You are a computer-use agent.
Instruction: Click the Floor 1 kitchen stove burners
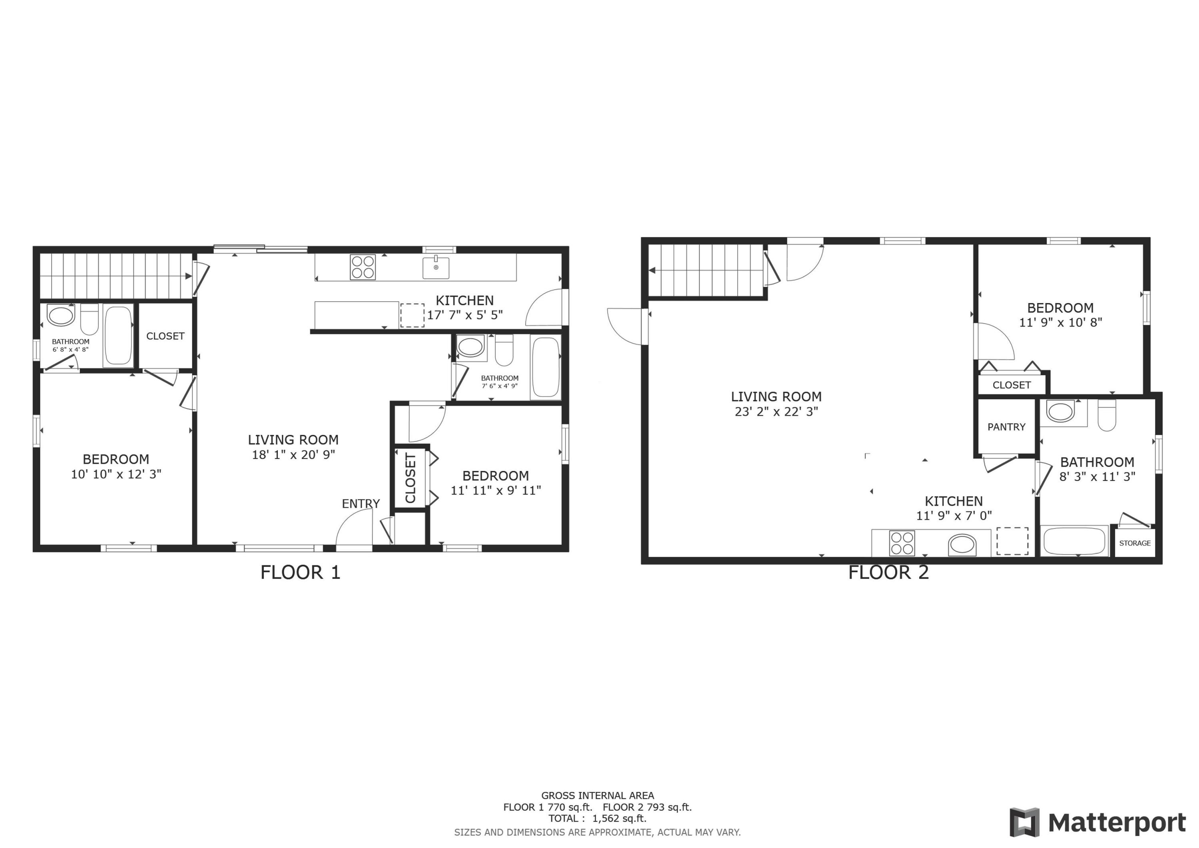click(x=362, y=267)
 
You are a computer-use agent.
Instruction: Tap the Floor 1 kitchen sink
click(x=436, y=267)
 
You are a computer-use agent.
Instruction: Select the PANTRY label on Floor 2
click(x=1006, y=427)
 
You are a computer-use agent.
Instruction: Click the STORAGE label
click(x=1135, y=543)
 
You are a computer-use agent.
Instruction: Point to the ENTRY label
click(x=360, y=504)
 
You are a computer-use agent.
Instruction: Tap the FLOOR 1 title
click(x=300, y=573)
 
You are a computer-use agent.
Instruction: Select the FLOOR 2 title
click(x=888, y=573)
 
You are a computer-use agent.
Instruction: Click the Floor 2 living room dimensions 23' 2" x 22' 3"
click(x=776, y=412)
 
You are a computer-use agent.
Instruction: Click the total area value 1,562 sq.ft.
click(x=619, y=819)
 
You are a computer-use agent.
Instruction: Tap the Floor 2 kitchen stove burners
click(x=902, y=543)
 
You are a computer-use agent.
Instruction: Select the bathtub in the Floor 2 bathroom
click(x=1074, y=541)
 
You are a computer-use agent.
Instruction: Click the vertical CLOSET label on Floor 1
click(x=410, y=478)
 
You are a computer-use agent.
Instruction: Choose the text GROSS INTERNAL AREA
click(x=598, y=796)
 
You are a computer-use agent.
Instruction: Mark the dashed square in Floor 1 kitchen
click(x=412, y=315)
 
